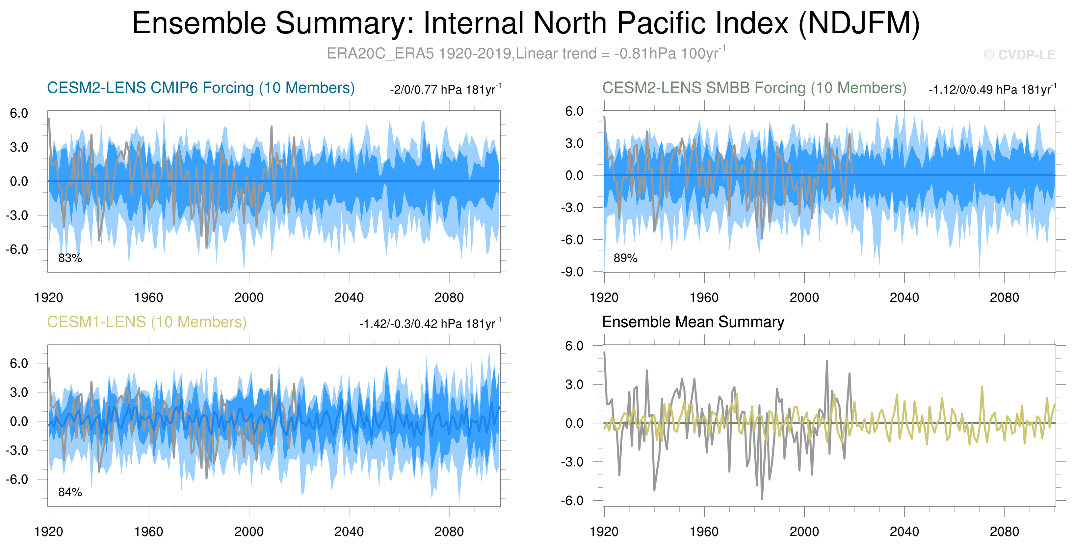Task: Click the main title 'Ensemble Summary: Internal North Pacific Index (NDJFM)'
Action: pos(525,23)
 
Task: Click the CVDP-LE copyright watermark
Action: pos(1020,55)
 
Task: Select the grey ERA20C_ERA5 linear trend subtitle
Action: pos(526,54)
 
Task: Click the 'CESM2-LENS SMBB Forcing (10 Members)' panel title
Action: pos(754,88)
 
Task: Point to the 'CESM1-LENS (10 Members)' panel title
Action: pos(146,322)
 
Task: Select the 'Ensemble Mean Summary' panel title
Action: pos(693,322)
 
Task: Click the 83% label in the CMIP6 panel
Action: pos(70,258)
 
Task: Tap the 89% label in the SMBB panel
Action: pos(625,258)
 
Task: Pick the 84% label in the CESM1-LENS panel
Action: pos(70,492)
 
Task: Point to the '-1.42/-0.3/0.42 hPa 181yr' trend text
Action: pos(430,324)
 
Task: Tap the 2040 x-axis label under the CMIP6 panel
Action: pos(349,298)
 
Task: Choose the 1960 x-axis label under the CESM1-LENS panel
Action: pos(148,532)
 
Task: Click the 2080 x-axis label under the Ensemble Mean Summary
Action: pos(1004,532)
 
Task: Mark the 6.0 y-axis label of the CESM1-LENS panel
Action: pos(19,363)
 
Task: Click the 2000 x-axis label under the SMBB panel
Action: pos(804,298)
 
